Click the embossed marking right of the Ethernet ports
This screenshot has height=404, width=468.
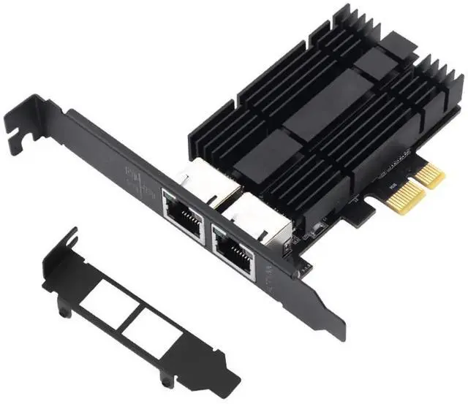tap(268, 278)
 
